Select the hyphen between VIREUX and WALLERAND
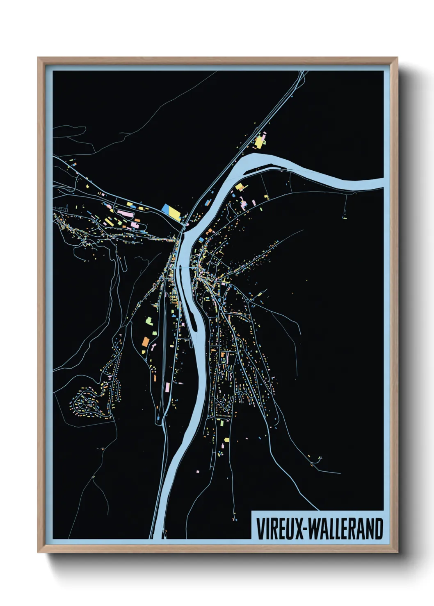(305, 529)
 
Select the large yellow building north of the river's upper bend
(259, 142)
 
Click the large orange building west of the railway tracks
(145, 341)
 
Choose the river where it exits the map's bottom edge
(155, 537)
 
